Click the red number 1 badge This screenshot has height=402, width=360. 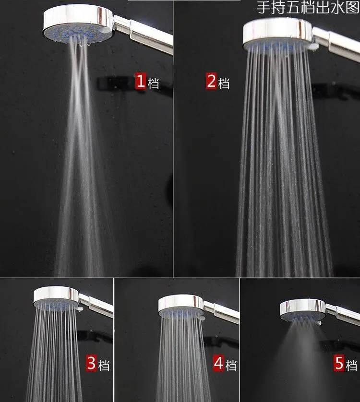tap(141, 81)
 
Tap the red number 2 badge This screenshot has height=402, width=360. tap(211, 81)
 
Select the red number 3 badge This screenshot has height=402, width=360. tap(91, 363)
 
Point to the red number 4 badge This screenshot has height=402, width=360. tap(218, 363)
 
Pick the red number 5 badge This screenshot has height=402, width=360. tap(339, 363)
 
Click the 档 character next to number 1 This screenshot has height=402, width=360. tap(153, 83)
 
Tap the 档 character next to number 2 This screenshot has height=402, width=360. tap(224, 83)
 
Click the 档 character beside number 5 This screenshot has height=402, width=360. tap(351, 365)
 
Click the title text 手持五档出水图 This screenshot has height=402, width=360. tap(308, 7)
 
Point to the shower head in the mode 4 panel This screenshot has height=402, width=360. tap(181, 306)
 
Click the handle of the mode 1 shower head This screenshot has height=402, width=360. tap(143, 33)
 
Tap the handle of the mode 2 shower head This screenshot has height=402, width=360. tap(336, 44)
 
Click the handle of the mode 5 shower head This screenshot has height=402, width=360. tap(343, 314)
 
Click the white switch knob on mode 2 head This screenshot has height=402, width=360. tap(313, 47)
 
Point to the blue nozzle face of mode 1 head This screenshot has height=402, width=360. tap(77, 34)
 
